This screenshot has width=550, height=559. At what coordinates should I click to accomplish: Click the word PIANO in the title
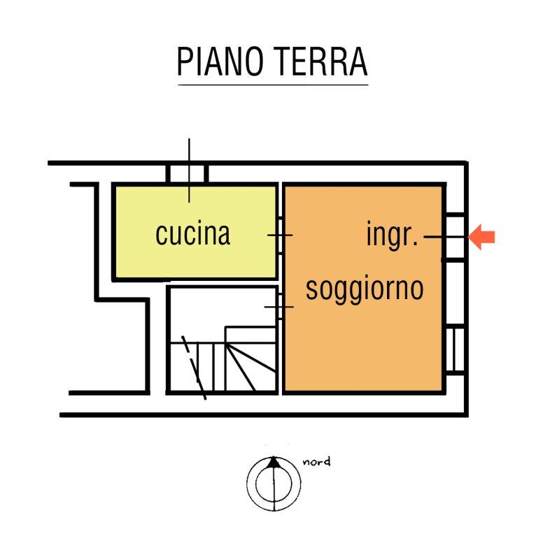coord(220,61)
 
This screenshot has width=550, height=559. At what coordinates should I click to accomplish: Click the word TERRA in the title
coord(320,61)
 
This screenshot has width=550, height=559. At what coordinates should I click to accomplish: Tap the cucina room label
coord(192,233)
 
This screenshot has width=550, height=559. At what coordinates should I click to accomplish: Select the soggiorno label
coord(365,289)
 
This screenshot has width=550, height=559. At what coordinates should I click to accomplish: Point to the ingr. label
coord(392,235)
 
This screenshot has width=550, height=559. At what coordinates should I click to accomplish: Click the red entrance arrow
coord(481,237)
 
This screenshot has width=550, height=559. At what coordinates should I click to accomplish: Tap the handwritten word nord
coord(316,462)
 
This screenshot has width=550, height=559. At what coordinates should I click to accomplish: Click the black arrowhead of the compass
coord(274,462)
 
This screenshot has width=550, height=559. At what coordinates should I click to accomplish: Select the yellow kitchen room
coord(195,232)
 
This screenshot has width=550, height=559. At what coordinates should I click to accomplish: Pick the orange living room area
coord(364,289)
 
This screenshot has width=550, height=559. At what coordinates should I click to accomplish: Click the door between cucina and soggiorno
coord(280,235)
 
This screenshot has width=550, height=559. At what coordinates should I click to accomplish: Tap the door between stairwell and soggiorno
coord(280,307)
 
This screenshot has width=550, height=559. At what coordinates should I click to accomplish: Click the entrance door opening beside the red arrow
coord(455,237)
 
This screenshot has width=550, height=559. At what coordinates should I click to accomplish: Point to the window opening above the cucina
coord(187,174)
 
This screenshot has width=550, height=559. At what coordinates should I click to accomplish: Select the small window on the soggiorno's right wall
coord(455,350)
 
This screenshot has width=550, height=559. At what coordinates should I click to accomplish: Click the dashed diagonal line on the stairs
coord(194,368)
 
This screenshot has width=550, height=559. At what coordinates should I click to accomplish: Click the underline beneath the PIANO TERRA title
coord(273,85)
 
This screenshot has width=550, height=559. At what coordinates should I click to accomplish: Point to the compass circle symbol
coord(274,484)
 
